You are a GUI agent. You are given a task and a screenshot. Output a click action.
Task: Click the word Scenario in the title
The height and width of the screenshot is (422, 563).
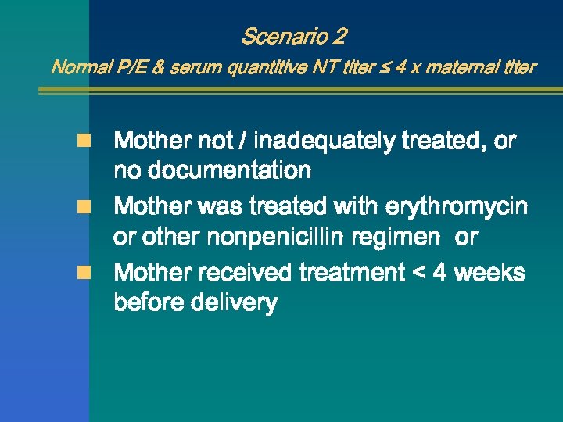285,37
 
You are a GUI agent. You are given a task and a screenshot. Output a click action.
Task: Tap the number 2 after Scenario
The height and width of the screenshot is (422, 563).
339,37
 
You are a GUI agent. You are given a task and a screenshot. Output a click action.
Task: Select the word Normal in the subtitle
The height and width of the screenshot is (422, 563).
77,67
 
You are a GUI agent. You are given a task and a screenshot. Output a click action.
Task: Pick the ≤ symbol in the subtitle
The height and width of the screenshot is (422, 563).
403,67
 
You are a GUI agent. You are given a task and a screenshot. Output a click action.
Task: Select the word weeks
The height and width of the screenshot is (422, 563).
489,273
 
